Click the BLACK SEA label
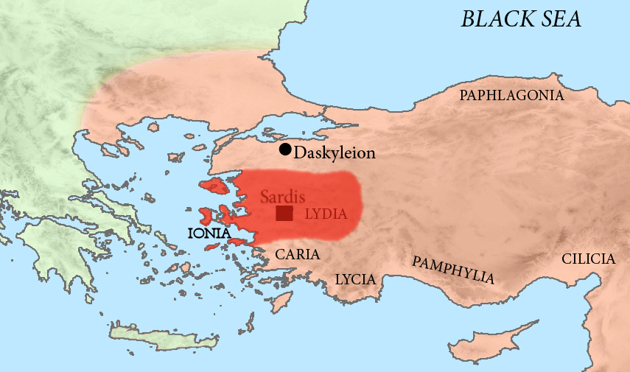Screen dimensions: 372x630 (x=521, y=18)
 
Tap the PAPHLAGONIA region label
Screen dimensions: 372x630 (x=511, y=95)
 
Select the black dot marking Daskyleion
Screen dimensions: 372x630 (x=285, y=150)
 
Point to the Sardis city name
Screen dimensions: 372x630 (x=283, y=197)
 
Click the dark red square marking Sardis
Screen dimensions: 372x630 (x=284, y=214)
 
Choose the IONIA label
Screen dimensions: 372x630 (x=209, y=234)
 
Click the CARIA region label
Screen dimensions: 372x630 (x=297, y=254)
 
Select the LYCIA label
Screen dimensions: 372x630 (x=355, y=279)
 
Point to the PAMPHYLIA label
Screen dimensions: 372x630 (x=452, y=270)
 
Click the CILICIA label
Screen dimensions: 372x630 (x=587, y=259)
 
